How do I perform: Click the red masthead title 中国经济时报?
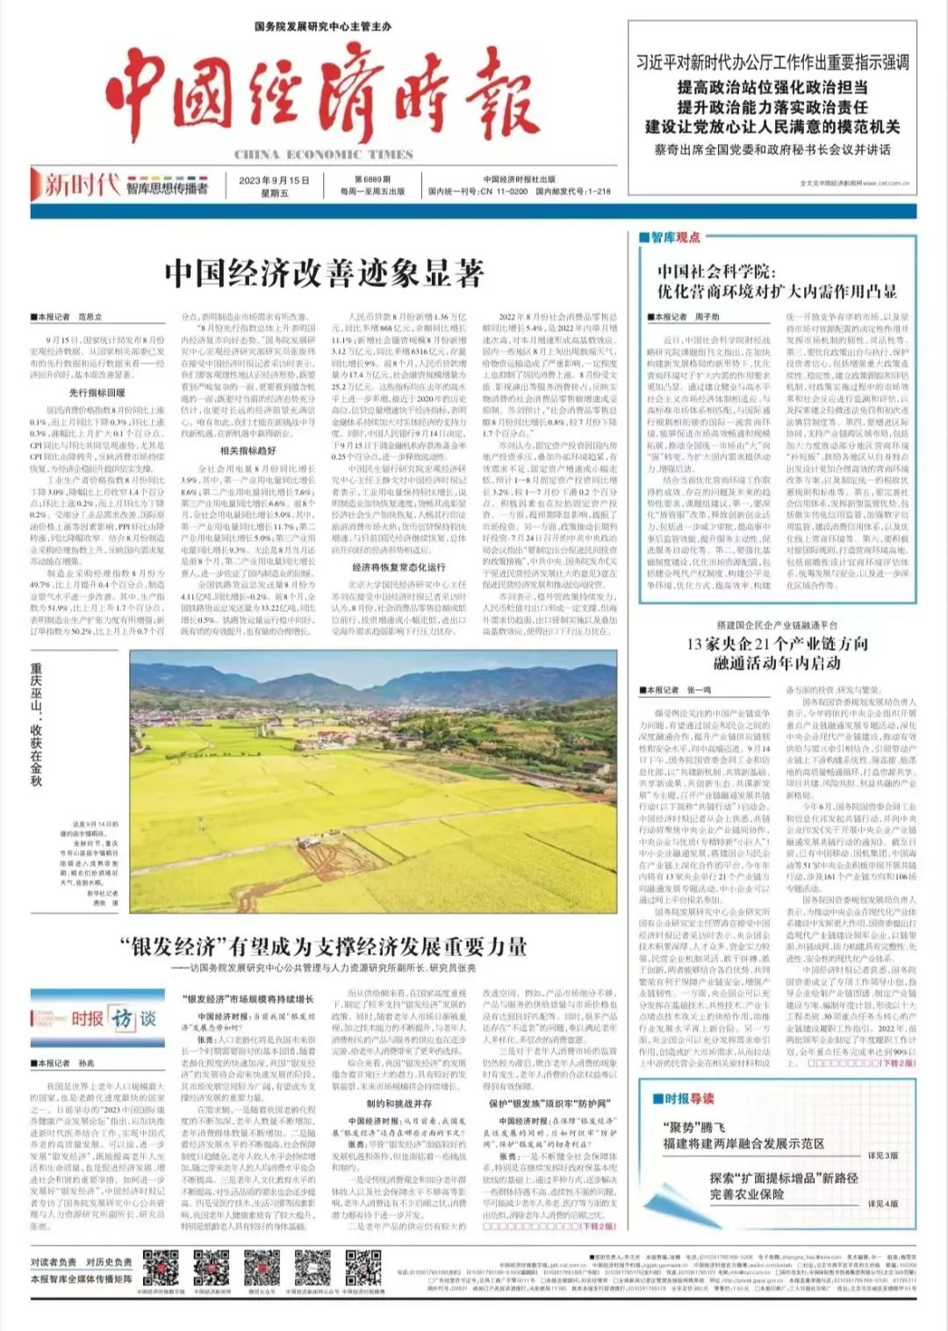(x=321, y=97)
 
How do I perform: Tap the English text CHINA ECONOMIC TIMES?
(x=323, y=155)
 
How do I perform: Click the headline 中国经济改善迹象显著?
(x=324, y=273)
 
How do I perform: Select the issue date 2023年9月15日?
(x=274, y=180)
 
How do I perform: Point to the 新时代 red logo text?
(x=82, y=184)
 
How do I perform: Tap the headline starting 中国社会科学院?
(x=777, y=282)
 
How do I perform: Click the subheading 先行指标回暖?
(x=97, y=392)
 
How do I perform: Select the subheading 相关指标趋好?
(x=248, y=450)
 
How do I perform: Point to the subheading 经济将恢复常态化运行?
(x=399, y=567)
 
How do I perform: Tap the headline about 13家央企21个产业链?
(x=777, y=652)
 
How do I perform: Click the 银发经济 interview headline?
(x=324, y=946)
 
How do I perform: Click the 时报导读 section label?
(x=689, y=1097)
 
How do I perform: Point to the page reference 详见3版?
(x=882, y=1155)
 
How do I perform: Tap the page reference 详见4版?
(x=882, y=1204)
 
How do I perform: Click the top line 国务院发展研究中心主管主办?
(x=322, y=27)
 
